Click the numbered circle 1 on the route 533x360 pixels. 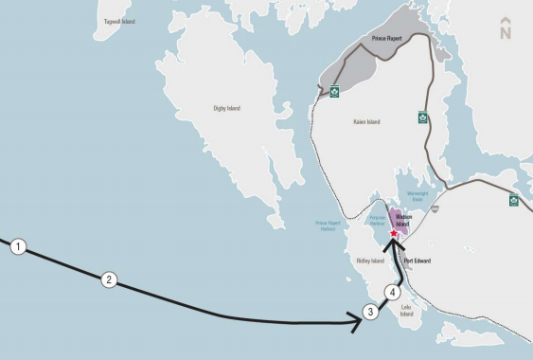click(18, 248)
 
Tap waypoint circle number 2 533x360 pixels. click(109, 279)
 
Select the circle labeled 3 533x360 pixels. click(371, 312)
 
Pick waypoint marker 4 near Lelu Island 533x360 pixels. click(393, 292)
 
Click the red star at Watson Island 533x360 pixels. click(394, 232)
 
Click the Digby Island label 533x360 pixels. click(226, 109)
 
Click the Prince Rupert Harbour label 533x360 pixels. click(326, 226)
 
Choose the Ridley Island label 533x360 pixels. click(370, 261)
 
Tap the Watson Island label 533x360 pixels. click(411, 220)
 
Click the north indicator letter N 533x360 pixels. click(505, 33)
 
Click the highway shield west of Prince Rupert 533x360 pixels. click(334, 92)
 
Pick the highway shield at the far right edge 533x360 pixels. click(514, 200)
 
